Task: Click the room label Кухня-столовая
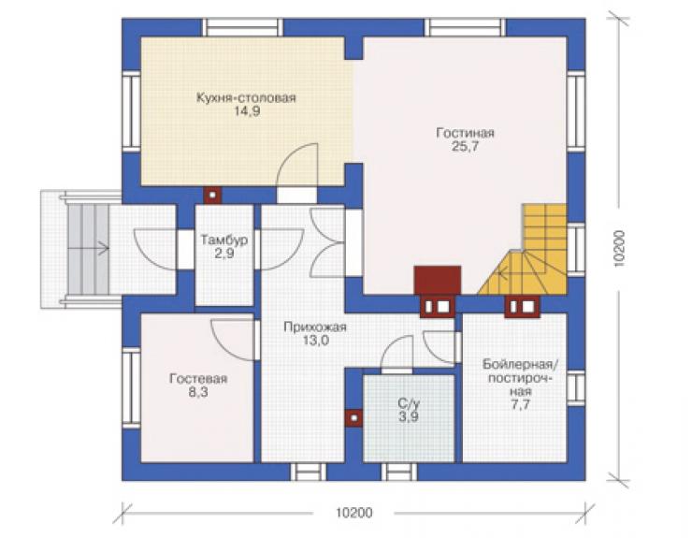[246, 97]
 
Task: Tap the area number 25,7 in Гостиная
[465, 147]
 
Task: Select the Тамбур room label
[224, 240]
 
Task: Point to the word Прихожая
[315, 327]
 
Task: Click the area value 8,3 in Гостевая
[198, 392]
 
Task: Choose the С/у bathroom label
[409, 403]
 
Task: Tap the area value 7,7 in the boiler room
[520, 404]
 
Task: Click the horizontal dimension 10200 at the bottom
[353, 513]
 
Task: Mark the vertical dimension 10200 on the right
[619, 247]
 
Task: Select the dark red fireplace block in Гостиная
[438, 280]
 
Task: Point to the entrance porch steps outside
[87, 249]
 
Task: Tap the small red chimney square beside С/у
[353, 417]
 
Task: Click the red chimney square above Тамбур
[212, 195]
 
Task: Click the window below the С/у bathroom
[399, 472]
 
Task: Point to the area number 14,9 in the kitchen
[247, 111]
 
